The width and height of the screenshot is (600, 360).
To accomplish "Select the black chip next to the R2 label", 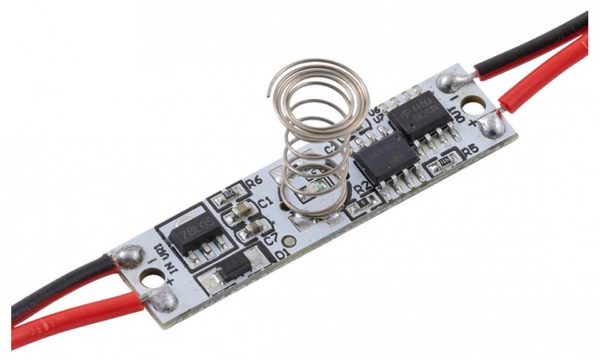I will click(x=384, y=159).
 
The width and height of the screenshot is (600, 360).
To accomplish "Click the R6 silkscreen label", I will click(x=254, y=182).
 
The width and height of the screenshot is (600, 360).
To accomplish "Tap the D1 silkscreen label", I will click(x=281, y=254).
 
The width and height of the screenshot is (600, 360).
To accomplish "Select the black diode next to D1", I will click(x=233, y=267).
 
